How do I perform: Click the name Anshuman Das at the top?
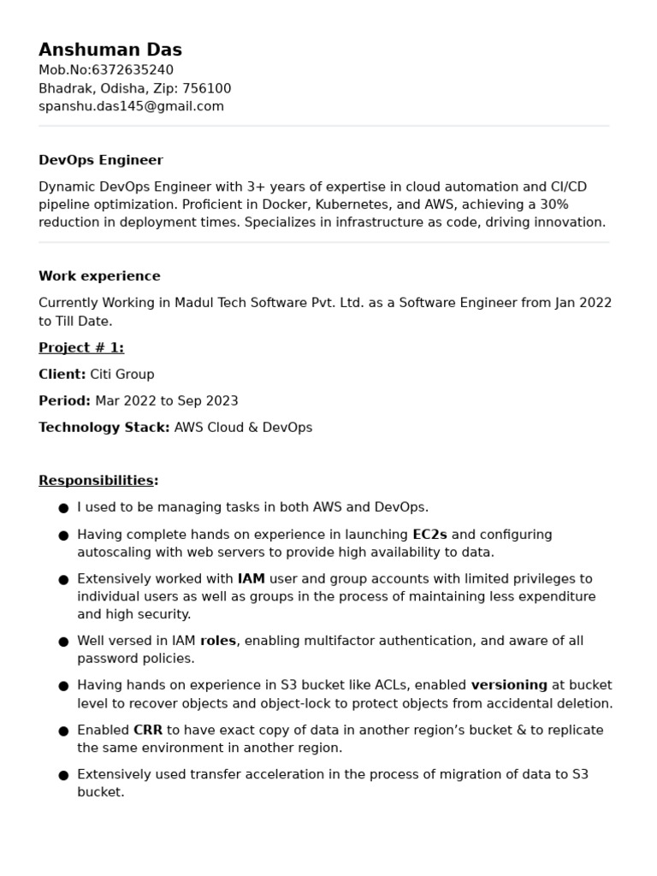click(110, 50)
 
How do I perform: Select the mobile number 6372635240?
click(132, 70)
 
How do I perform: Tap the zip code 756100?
click(206, 88)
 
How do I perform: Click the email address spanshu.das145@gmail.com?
click(131, 106)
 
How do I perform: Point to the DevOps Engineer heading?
click(101, 160)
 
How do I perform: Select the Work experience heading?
click(99, 276)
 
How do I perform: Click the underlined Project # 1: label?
click(81, 347)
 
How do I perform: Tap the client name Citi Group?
click(122, 374)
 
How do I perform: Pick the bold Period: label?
click(64, 400)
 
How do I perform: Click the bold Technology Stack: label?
click(104, 427)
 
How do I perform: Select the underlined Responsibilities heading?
click(97, 481)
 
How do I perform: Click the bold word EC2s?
click(429, 535)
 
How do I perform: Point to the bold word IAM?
click(252, 579)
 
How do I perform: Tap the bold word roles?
click(218, 641)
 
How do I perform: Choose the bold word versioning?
click(509, 685)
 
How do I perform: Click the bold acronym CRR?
click(148, 730)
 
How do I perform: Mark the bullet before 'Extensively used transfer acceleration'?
click(63, 775)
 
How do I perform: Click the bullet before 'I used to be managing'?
click(63, 508)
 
